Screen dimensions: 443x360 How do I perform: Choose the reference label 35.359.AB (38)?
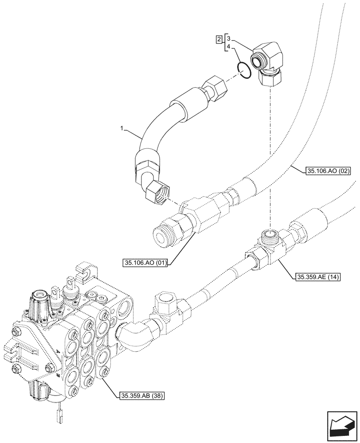(x=141, y=395)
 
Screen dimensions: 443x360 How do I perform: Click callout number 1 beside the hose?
(x=120, y=129)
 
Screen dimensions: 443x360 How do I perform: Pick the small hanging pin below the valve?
(x=60, y=416)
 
